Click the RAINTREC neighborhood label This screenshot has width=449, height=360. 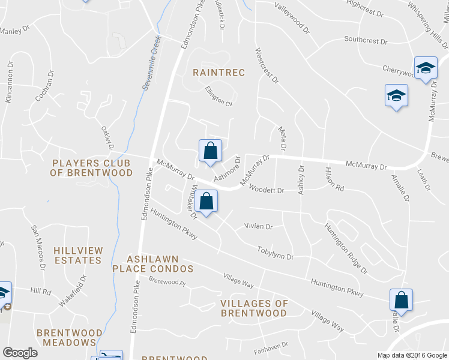pyautogui.click(x=218, y=73)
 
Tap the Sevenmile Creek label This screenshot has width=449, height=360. pyautogui.click(x=152, y=63)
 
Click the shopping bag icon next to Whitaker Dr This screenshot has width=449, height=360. pyautogui.click(x=206, y=202)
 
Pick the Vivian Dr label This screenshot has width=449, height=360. pyautogui.click(x=258, y=227)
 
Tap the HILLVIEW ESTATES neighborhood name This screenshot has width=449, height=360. pyautogui.click(x=77, y=255)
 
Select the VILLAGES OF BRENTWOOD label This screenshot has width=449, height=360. pyautogui.click(x=254, y=308)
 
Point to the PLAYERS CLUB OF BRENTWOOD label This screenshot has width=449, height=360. pyautogui.click(x=92, y=167)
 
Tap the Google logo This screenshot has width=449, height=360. pyautogui.click(x=20, y=353)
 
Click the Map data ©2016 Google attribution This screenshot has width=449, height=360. pyautogui.click(x=412, y=355)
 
